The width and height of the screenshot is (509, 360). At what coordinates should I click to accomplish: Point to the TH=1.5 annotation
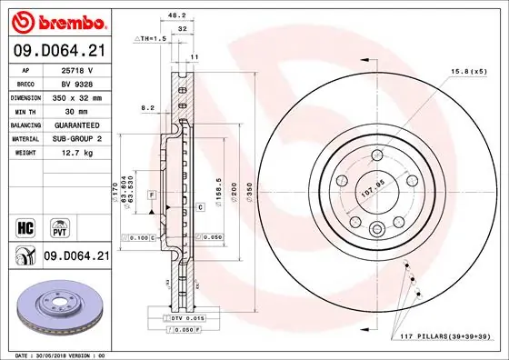152,40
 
